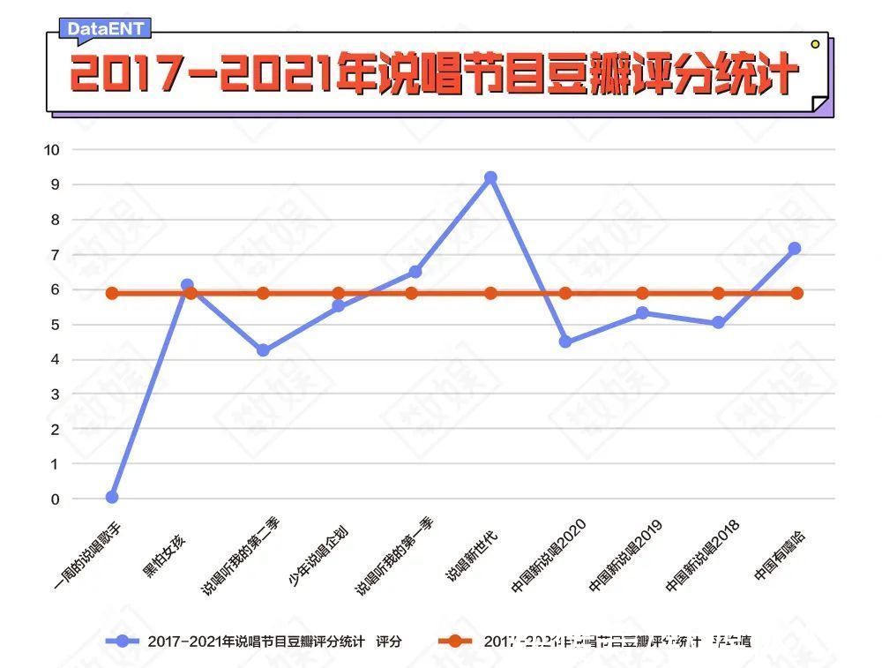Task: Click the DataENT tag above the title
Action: pos(105,29)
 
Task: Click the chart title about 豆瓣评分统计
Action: pos(433,74)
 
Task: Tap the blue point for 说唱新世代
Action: pos(490,178)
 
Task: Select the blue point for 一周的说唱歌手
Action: pos(112,497)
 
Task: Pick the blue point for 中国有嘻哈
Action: pos(795,249)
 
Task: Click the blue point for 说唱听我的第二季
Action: pos(263,350)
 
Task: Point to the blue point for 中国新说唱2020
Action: pos(565,342)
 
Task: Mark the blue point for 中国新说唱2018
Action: pos(718,323)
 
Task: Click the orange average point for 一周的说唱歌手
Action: pos(112,293)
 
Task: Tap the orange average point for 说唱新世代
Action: pos(490,293)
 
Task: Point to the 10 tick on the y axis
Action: pos(51,149)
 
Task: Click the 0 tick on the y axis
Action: pos(55,499)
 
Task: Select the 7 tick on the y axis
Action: pos(55,254)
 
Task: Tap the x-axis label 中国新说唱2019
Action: pos(626,556)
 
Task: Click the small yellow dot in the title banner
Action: pos(815,43)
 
